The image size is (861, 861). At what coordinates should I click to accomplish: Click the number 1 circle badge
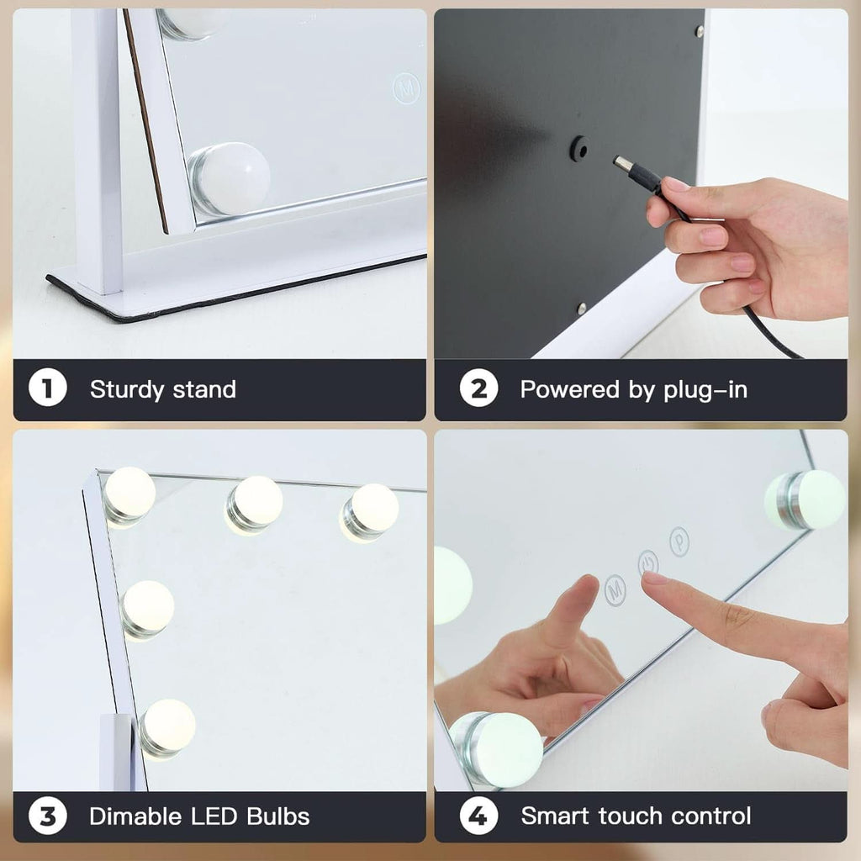[x=48, y=389]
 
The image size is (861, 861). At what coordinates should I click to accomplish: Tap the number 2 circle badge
[x=478, y=389]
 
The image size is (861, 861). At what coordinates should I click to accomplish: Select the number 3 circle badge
[x=48, y=816]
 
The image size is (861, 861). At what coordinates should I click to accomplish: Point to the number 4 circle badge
[x=478, y=816]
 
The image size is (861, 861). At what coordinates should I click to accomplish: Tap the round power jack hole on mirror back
[x=578, y=149]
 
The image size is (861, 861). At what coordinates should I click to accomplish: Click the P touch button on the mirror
[x=679, y=541]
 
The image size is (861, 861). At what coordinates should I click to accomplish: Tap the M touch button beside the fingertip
[x=615, y=586]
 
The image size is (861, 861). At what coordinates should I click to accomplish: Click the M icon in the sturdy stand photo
[x=406, y=87]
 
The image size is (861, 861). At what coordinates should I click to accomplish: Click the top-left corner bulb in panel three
[x=129, y=495]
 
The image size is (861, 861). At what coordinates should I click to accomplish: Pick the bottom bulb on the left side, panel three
[x=166, y=727]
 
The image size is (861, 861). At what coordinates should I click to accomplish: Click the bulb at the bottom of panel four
[x=499, y=748]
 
